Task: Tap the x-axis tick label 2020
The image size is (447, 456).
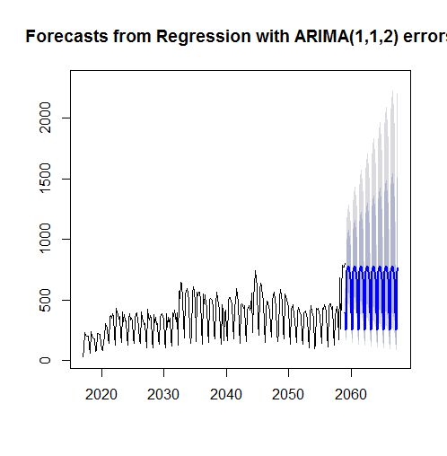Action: [101, 395]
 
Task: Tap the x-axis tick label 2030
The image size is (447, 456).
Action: [163, 395]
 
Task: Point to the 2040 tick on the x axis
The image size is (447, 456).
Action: [226, 395]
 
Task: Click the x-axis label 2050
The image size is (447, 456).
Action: [288, 395]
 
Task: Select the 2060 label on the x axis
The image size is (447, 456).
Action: [351, 395]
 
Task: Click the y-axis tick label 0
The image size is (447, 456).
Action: [55, 361]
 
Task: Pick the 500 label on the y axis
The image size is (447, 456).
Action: [55, 300]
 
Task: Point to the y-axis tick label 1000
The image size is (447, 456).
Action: [55, 240]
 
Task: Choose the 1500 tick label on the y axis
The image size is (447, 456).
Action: [55, 179]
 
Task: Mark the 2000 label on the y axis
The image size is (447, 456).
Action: [55, 118]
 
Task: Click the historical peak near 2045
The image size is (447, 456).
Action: [255, 271]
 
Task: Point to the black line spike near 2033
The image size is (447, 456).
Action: [180, 283]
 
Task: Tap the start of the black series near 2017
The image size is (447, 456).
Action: [83, 355]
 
